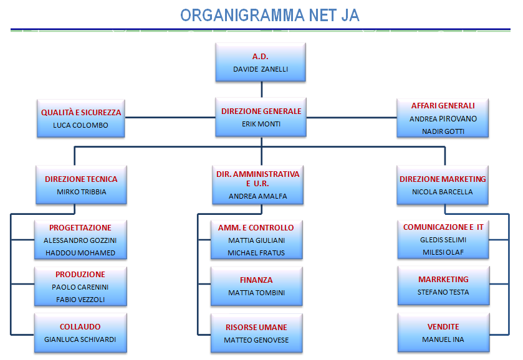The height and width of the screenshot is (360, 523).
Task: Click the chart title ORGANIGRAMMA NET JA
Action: (x=270, y=16)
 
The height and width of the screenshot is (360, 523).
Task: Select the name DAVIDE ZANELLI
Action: (x=261, y=69)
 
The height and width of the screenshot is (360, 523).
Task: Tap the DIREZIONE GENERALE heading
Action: (x=261, y=111)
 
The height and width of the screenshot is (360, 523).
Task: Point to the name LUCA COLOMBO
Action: (x=80, y=125)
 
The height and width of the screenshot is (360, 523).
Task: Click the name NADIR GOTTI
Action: (x=443, y=131)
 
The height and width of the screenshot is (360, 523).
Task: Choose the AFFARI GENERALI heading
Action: (x=443, y=106)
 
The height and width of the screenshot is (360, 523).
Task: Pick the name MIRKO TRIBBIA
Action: (x=82, y=192)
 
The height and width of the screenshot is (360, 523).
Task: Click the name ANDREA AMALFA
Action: (x=258, y=196)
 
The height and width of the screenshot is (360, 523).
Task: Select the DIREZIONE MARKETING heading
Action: (x=443, y=179)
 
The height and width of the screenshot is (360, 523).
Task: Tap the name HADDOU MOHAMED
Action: (x=80, y=253)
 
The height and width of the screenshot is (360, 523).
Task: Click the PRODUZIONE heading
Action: (x=80, y=274)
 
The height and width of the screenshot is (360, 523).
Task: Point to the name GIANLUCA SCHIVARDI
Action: (x=80, y=339)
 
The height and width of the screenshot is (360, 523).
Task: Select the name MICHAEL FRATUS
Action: (x=256, y=253)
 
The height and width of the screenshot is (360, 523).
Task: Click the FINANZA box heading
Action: (x=256, y=280)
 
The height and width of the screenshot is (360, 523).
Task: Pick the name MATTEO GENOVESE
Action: (x=256, y=340)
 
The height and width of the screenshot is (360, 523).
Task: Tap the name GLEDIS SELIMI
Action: (x=443, y=240)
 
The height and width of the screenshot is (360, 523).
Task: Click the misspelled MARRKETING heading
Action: (x=443, y=279)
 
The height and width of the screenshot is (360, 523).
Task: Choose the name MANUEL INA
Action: (x=443, y=339)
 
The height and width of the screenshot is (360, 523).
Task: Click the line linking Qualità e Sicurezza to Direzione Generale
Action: (x=170, y=117)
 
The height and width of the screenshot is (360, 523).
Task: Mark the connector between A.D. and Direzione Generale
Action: (x=262, y=89)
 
